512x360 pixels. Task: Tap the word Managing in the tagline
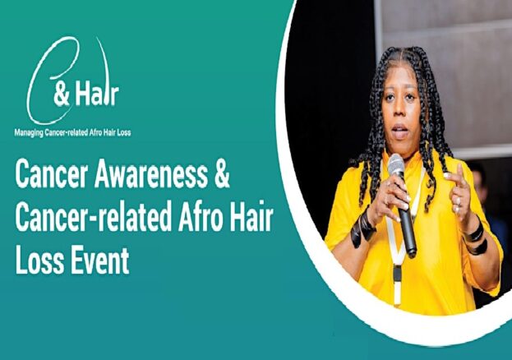tap(29, 132)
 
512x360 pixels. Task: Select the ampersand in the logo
tap(62, 95)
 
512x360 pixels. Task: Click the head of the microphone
tap(397, 166)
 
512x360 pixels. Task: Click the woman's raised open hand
tap(459, 193)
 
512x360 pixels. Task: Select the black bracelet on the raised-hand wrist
tap(475, 238)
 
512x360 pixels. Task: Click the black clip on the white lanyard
tap(397, 274)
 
